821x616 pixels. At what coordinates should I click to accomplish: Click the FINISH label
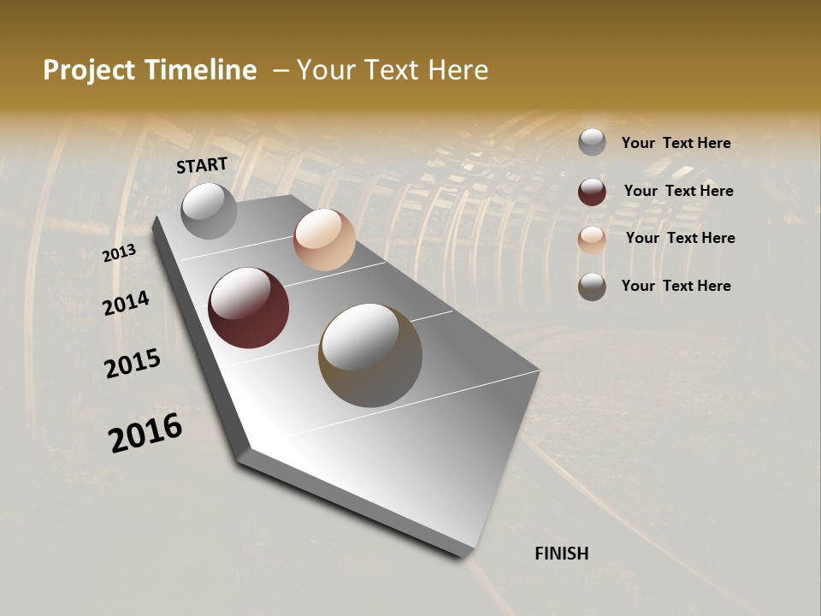(x=561, y=554)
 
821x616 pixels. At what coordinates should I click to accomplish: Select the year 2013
(x=119, y=253)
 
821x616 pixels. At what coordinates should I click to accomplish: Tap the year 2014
(x=126, y=303)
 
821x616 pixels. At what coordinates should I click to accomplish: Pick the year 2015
(x=132, y=364)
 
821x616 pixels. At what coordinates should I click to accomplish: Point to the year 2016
(x=145, y=433)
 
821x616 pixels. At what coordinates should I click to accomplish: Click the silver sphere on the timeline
(x=209, y=210)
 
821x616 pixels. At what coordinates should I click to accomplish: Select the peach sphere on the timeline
(x=324, y=240)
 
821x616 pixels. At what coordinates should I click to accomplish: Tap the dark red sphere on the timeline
(x=248, y=308)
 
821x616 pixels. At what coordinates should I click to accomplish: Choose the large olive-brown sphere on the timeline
(x=370, y=355)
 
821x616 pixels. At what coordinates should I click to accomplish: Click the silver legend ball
(x=592, y=143)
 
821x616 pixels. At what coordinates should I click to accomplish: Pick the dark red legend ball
(x=592, y=192)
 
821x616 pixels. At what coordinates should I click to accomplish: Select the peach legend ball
(x=592, y=239)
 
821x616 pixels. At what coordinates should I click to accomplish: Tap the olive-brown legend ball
(x=592, y=287)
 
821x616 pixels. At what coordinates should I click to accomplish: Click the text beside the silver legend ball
(x=676, y=143)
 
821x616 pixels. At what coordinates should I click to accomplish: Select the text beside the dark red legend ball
(x=678, y=191)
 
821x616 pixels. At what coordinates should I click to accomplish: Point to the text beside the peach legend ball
(x=680, y=238)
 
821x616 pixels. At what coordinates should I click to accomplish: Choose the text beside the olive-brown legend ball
(x=676, y=286)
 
